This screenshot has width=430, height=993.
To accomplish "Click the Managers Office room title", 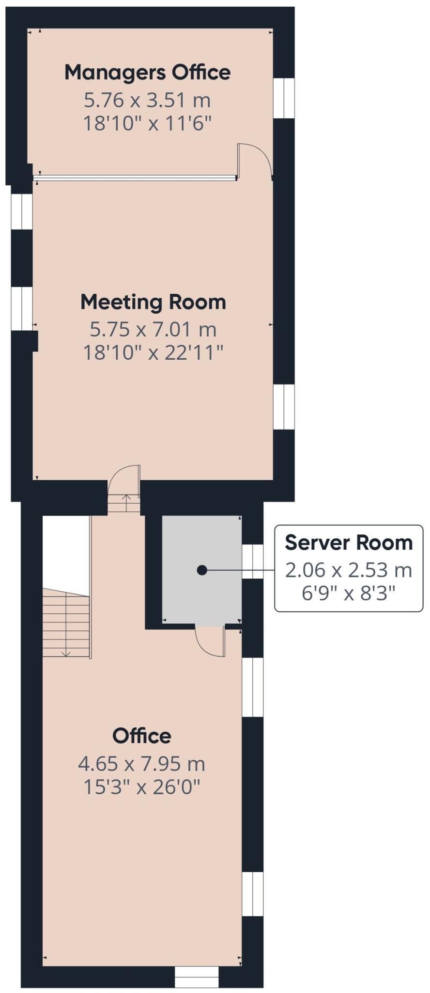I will coord(147,72).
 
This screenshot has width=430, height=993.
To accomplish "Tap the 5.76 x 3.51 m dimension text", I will coord(147,100).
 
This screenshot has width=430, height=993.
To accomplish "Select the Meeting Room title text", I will coord(153,302).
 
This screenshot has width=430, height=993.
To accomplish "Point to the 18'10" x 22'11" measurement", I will coord(153,352).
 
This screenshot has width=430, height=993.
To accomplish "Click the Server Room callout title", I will coord(348,542).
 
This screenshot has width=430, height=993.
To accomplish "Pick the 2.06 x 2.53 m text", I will coord(348,570).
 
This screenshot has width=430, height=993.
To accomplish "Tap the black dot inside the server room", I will coord(202,571).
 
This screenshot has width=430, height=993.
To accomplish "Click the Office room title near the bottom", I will coord(141,736).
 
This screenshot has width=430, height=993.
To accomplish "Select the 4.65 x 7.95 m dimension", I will coord(141,764).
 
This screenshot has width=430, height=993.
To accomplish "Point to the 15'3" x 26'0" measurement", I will coord(141,786).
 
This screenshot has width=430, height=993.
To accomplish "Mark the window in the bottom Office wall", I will coord(197,976).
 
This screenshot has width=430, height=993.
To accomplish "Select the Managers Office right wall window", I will coord(284,97).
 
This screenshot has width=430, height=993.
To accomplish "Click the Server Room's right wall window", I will coord(253,561).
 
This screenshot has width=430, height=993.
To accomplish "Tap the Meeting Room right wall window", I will coord(284,407).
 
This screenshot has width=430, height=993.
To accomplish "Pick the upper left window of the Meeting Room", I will coord(22,211).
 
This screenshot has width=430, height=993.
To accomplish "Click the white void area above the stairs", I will coord(66,553).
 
